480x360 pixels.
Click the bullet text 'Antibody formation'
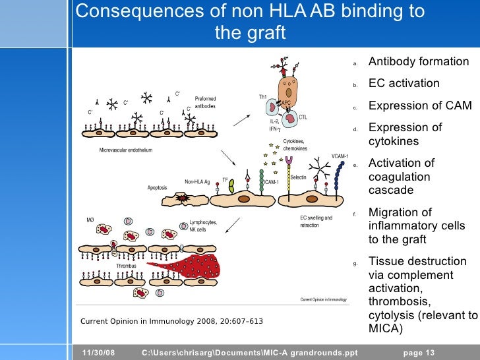pos(419,62)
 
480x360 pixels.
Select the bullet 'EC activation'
pos(404,84)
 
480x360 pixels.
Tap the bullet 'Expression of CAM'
pos(420,105)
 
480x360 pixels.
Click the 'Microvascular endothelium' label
pos(126,150)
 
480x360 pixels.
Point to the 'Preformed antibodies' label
pos(205,102)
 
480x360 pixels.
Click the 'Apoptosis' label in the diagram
pos(157,187)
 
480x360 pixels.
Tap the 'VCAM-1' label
pos(340,156)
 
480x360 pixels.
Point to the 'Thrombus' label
pos(126,266)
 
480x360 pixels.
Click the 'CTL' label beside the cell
pos(303,118)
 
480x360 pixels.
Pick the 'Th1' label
pos(262,97)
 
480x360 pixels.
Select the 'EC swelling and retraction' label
pos(316,222)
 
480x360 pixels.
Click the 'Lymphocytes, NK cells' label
pos(202,226)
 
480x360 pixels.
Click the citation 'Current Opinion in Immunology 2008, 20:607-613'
pos(171,322)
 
